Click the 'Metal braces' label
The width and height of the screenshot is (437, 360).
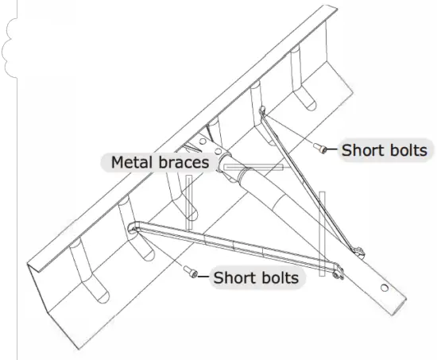(160, 162)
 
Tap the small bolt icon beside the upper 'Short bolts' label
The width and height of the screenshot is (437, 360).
(320, 147)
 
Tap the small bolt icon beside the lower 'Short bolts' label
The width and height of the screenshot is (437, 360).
(191, 273)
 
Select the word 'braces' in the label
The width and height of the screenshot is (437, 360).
(183, 162)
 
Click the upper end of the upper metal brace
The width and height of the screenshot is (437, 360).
(263, 116)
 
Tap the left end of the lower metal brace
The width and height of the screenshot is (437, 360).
(135, 228)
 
